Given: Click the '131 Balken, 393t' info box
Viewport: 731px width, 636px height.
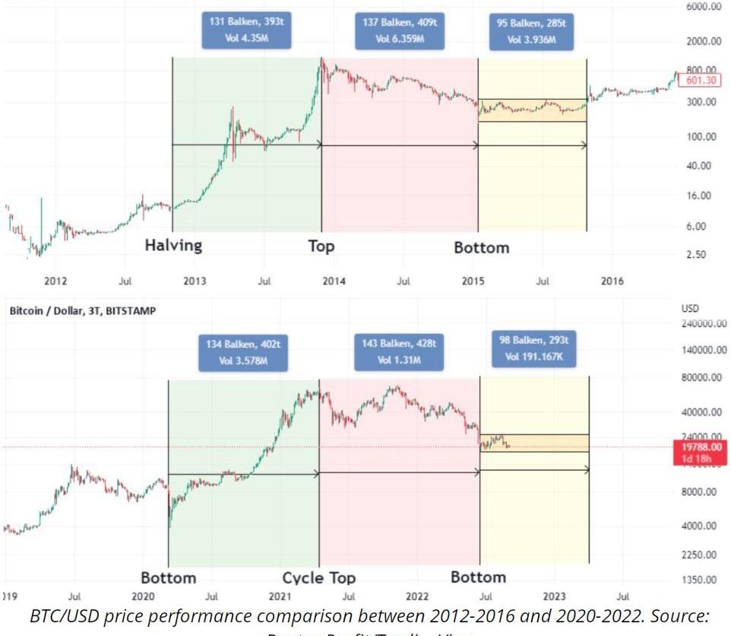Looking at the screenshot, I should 246,30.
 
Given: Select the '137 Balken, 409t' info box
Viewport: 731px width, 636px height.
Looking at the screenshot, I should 400,30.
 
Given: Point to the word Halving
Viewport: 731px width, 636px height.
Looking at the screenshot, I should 174,246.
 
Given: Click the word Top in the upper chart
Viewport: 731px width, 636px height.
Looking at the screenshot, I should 321,246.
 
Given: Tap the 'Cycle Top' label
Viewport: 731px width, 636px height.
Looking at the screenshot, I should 318,578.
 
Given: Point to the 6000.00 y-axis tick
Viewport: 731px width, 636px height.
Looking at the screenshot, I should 703,7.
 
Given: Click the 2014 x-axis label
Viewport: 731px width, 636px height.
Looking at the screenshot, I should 334,281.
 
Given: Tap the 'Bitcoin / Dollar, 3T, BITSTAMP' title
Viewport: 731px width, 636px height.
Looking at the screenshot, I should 82,310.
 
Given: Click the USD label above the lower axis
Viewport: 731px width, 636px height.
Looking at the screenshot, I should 691,310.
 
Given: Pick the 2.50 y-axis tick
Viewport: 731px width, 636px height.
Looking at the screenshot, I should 697,255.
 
